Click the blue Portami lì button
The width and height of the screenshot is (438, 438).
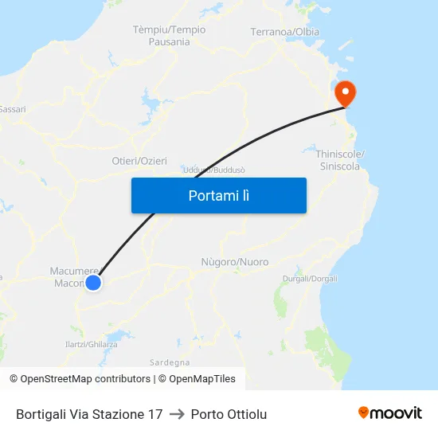218,195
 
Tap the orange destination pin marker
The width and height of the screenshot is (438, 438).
346,94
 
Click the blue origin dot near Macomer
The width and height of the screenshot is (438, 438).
93,282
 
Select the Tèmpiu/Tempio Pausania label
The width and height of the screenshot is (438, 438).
169,36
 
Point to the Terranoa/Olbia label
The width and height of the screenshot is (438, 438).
284,32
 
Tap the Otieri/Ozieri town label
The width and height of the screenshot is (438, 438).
139,161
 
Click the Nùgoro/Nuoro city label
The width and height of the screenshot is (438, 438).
235,262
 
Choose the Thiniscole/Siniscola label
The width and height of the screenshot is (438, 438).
340,160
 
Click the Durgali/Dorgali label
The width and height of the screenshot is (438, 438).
310,279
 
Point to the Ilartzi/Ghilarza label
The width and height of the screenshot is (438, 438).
91,344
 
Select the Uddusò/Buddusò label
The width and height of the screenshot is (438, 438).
213,170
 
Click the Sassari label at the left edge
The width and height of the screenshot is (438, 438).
13,109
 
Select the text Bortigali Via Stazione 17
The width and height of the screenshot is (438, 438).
89,414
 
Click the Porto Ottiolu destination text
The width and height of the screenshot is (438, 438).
229,414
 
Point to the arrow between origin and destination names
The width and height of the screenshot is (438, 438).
177,414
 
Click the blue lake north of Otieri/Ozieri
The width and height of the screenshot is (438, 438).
150,102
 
